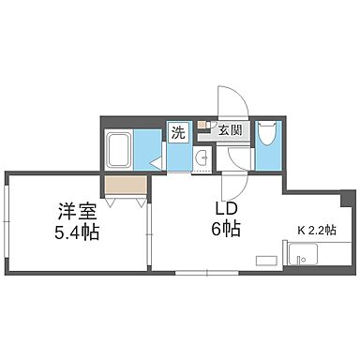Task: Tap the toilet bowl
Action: [x=265, y=138]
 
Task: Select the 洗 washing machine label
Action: [x=178, y=132]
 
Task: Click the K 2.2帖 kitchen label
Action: [x=318, y=228]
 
